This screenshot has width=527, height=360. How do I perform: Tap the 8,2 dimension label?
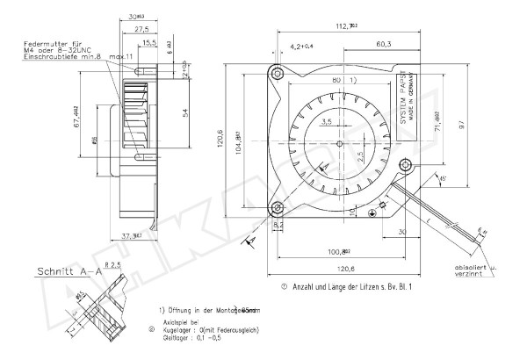tap(279, 225)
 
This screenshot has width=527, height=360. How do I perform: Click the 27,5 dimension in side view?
tap(141, 30)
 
